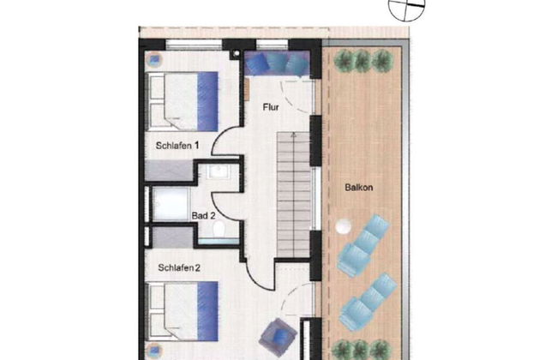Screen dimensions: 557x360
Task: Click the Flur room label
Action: tap(271, 107)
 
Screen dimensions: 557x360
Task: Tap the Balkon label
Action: tap(359, 187)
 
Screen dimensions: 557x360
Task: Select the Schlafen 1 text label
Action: tap(177, 146)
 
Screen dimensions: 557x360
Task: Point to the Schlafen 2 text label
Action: tap(179, 267)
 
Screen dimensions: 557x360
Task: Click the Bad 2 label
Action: tap(203, 215)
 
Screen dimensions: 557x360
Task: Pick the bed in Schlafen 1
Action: tap(183, 102)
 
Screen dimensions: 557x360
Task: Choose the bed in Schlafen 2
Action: tap(183, 311)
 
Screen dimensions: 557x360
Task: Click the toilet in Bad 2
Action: tap(219, 230)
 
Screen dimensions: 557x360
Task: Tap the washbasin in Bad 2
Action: tap(219, 171)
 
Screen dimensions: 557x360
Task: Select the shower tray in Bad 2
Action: tap(171, 204)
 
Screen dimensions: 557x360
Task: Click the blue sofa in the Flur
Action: tap(277, 63)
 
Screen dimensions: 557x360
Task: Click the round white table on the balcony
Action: tap(343, 227)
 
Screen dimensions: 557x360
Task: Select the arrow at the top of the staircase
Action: tap(293, 136)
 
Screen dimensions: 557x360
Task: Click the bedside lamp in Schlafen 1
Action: tap(154, 60)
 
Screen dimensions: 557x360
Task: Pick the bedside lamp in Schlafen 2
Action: tap(154, 351)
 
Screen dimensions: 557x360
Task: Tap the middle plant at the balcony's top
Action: tap(362, 60)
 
